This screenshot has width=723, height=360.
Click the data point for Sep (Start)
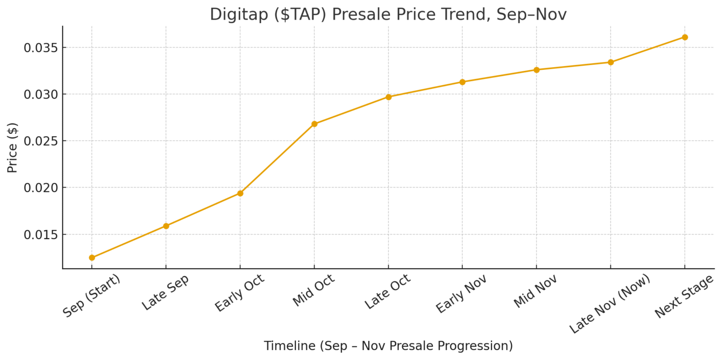point(92,257)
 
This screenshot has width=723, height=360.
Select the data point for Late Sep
point(166,226)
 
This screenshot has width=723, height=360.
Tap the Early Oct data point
point(240,193)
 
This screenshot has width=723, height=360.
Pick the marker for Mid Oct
point(314,124)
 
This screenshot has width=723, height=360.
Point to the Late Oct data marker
point(388,97)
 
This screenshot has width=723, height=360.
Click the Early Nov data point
point(462,82)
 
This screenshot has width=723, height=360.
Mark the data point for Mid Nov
point(537,70)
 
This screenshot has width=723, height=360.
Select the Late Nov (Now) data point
point(610,62)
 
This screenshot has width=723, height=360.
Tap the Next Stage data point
point(685,37)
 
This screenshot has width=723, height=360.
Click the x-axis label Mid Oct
point(313,290)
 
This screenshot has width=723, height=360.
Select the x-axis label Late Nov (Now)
point(609,303)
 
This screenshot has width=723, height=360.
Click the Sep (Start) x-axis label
point(91,296)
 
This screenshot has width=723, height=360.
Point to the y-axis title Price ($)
point(12,147)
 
